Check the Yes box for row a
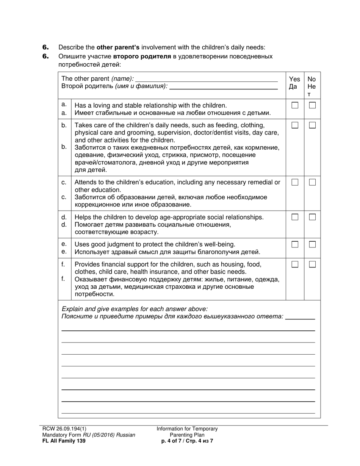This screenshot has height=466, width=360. point(295,105)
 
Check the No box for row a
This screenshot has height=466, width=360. point(312,105)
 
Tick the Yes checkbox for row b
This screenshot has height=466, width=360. point(295,125)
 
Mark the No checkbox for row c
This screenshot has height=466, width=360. point(312,182)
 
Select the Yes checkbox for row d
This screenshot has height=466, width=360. point(295,217)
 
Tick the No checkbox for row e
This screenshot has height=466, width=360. point(312,244)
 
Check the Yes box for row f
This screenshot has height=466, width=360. point(295,264)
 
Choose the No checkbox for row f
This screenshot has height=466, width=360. point(312,264)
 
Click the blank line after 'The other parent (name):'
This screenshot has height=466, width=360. point(206,79)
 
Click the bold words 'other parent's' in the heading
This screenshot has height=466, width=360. point(118,48)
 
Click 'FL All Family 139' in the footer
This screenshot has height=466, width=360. point(61,441)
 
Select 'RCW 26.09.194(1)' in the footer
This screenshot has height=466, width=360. point(61,429)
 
